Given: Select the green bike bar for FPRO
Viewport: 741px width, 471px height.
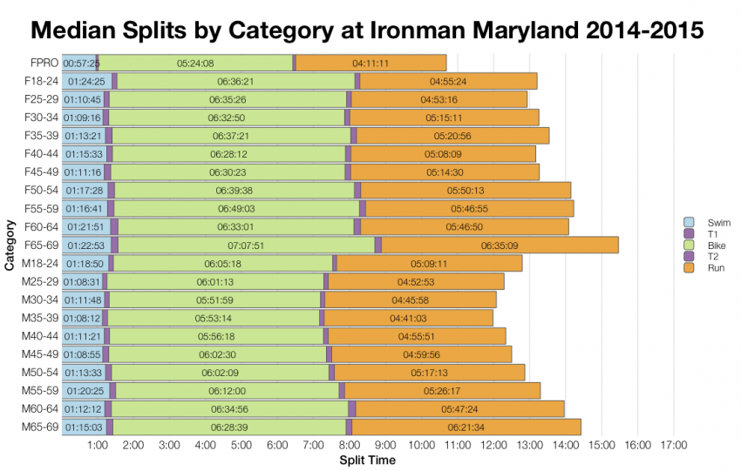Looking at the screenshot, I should click(195, 63).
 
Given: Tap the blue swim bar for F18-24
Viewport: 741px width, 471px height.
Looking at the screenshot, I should click(85, 81).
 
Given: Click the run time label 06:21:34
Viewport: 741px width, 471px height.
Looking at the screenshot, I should click(466, 427).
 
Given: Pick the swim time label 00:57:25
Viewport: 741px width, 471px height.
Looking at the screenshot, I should click(81, 64).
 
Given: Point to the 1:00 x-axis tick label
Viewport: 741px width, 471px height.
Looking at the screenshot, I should click(98, 446).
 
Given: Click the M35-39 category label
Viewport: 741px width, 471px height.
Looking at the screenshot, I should click(40, 318).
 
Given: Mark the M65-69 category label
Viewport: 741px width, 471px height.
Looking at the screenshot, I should click(40, 427).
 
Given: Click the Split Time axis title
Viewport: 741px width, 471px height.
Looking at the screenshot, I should click(366, 460).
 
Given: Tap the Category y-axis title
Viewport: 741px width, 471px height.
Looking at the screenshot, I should click(9, 246).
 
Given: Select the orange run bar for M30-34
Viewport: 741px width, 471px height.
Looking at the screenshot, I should click(410, 299).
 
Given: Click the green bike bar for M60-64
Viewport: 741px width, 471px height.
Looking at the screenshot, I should click(230, 408).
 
